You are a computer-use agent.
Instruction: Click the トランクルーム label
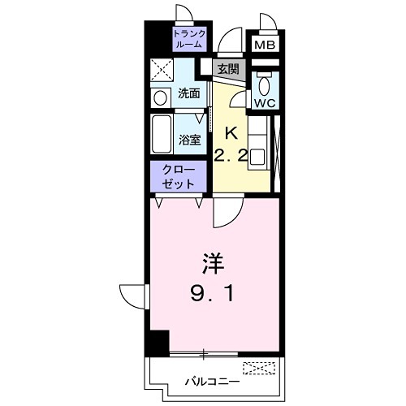point(189,40)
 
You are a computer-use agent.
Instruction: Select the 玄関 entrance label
point(227,69)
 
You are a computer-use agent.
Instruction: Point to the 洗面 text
point(189,93)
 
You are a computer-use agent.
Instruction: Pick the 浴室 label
point(189,139)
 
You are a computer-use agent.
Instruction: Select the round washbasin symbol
point(159,97)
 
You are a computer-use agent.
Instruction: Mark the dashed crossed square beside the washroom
point(159,71)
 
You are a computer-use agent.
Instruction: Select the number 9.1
point(214,294)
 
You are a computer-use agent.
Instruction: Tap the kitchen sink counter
point(259,145)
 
